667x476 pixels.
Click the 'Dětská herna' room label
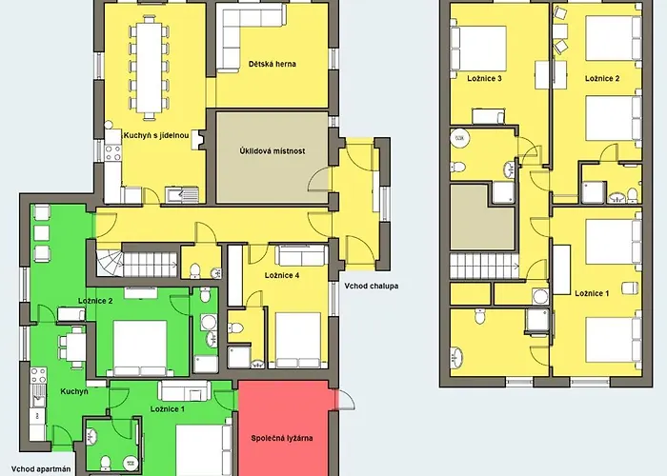273,64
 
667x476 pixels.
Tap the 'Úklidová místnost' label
273,150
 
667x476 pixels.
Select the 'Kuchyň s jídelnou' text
156,135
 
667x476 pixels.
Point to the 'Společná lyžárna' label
282,438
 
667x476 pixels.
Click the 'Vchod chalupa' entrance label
372,286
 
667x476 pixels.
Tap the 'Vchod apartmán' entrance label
41,469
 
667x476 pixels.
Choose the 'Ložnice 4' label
282,275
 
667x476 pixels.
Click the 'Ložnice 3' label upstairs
484,79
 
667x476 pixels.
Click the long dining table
150,67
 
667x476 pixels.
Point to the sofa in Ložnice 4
302,256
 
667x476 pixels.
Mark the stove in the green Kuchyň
38,375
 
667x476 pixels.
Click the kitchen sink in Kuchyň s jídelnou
182,195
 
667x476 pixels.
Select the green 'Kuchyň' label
74,391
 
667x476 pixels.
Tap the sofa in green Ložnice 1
184,391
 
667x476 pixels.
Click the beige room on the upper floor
482,217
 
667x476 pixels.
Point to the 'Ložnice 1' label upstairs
592,293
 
